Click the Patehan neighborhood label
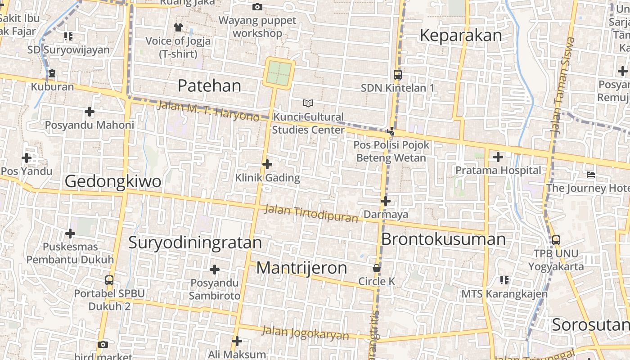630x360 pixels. (209, 85)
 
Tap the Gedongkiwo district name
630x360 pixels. (113, 181)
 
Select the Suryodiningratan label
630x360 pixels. (195, 243)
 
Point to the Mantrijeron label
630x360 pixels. (301, 268)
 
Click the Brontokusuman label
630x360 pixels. (443, 239)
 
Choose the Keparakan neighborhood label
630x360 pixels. (460, 35)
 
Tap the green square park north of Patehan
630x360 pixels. (279, 73)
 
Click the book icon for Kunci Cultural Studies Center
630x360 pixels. (308, 103)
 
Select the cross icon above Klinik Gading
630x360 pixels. (267, 164)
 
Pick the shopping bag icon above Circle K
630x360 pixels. (377, 268)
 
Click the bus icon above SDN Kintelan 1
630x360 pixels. (397, 75)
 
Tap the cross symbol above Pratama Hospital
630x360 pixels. (498, 157)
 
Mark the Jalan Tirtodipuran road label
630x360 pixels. (311, 214)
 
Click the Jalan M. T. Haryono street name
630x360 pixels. (208, 111)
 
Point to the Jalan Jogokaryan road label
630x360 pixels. (305, 333)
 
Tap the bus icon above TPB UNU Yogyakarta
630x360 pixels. (556, 240)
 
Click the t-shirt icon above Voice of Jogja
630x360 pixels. (178, 27)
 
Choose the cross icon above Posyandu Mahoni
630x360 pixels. (90, 111)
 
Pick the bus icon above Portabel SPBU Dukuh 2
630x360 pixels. (109, 280)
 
